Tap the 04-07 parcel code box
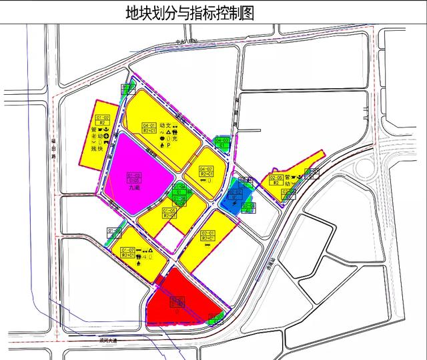click(206, 171)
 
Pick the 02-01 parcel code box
click(207, 235)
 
